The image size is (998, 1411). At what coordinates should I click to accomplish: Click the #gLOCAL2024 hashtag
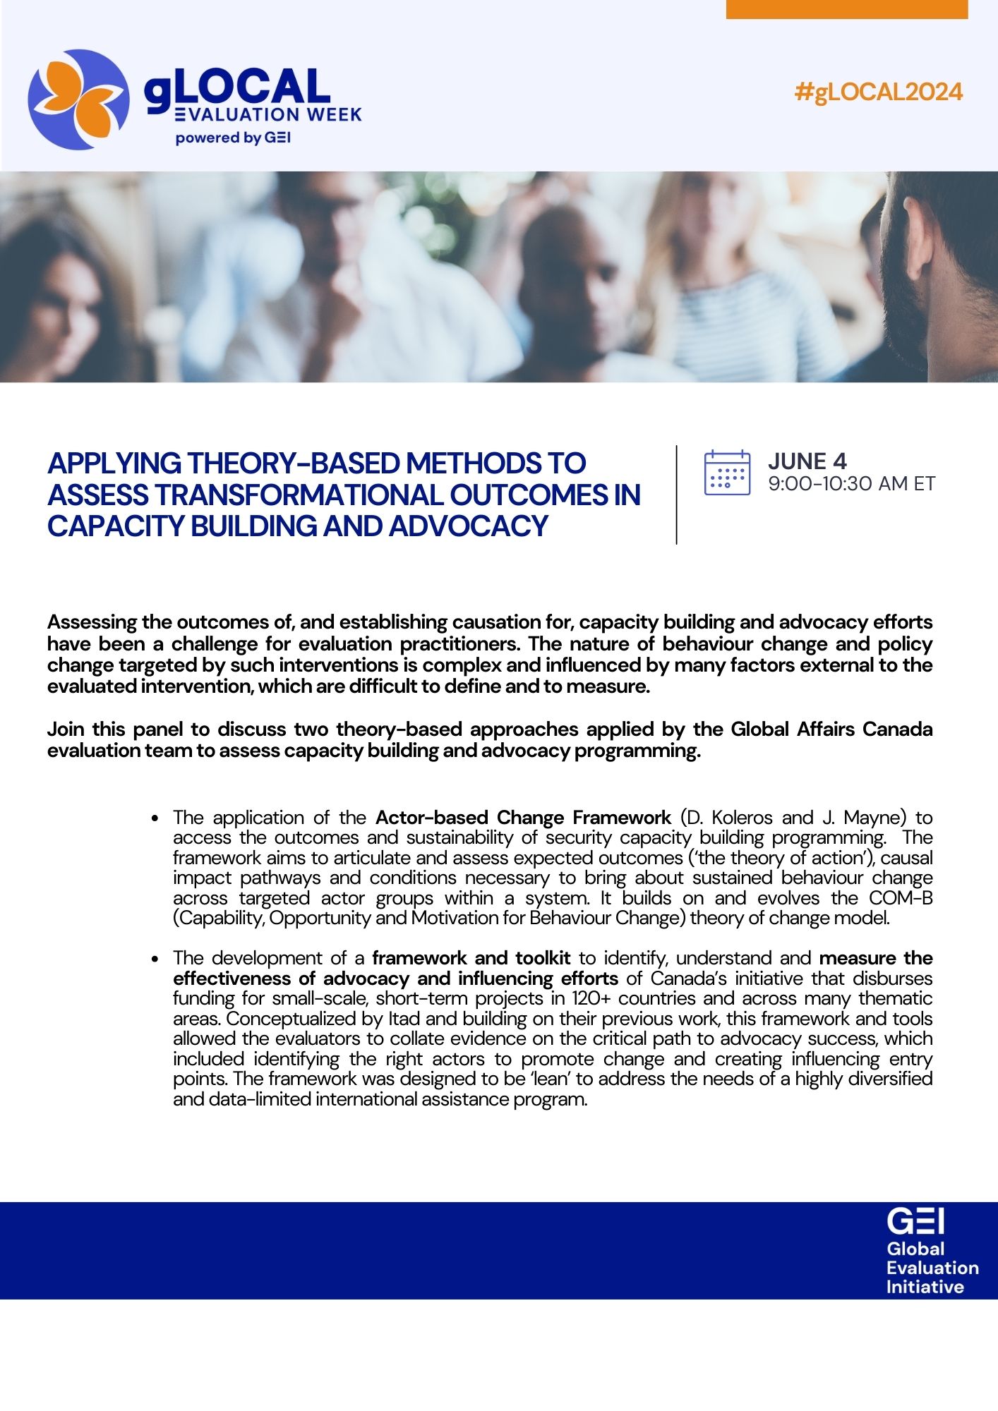878,92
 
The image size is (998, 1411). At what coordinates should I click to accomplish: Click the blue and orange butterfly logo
78,99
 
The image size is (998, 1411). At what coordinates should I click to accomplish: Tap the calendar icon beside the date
727,472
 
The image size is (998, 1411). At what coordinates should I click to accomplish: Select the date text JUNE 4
807,461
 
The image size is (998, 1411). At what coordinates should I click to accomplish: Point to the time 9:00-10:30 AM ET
851,484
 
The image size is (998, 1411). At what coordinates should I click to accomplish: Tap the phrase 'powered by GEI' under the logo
233,138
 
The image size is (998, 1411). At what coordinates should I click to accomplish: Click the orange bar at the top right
846,9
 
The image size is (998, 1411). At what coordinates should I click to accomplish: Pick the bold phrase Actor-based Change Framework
523,818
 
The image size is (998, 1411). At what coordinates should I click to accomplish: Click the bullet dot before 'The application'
155,818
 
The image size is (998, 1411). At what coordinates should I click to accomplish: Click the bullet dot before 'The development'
155,959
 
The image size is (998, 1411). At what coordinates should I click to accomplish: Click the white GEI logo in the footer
915,1221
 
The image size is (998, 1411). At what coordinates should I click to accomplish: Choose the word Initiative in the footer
925,1287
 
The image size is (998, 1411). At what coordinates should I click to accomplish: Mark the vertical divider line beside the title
676,494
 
